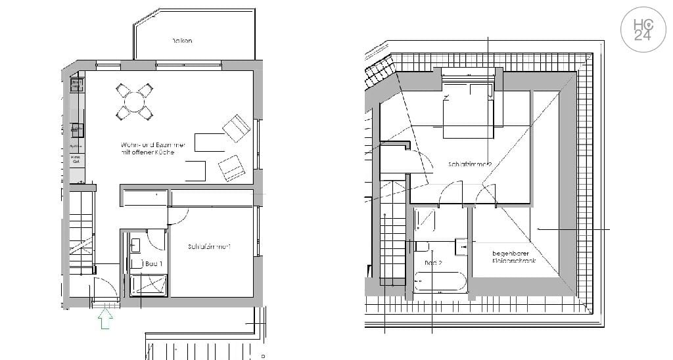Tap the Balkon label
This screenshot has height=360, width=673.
pyautogui.click(x=182, y=41)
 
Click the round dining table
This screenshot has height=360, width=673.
pyautogui.click(x=134, y=102)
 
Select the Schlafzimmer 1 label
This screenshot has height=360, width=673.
pyautogui.click(x=208, y=247)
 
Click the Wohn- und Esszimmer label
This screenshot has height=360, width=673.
pyautogui.click(x=153, y=148)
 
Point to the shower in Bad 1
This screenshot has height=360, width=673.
pyautogui.click(x=149, y=285)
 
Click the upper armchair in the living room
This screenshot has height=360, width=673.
pyautogui.click(x=237, y=127)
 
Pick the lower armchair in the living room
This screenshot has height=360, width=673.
pyautogui.click(x=231, y=168)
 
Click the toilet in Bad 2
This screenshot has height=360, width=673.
pyautogui.click(x=422, y=246)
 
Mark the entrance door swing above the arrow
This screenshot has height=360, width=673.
pyautogui.click(x=104, y=288)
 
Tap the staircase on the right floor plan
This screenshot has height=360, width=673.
pyautogui.click(x=393, y=243)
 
